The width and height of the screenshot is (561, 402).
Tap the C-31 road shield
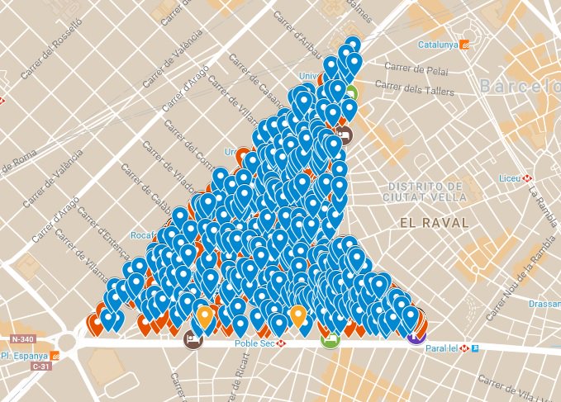[x=40, y=365]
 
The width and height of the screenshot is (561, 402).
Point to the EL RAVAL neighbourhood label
[x=433, y=223]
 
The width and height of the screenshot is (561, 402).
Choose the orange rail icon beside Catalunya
[x=465, y=45]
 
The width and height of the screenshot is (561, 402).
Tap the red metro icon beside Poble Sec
[x=282, y=343]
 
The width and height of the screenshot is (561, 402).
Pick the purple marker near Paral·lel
[x=416, y=333]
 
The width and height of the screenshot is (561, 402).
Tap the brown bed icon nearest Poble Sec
[x=194, y=338]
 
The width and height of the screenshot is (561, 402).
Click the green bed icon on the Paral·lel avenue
[x=330, y=338]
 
